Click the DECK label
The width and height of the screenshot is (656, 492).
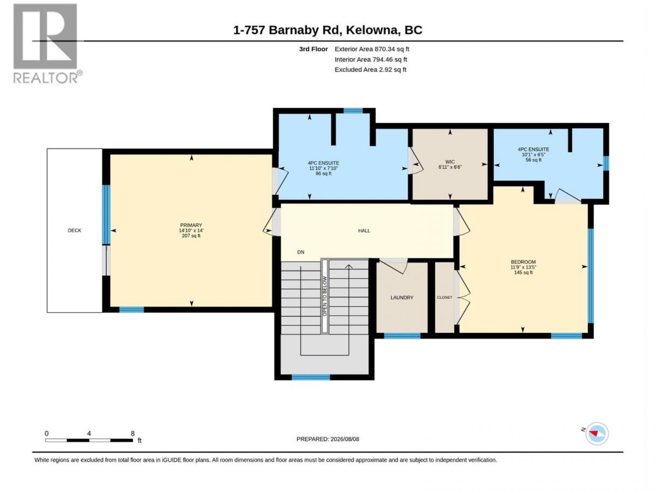pos(74,230)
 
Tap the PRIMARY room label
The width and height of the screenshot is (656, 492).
pos(191,225)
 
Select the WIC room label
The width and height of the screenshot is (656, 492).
pos(450,162)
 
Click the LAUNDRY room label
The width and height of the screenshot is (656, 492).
pos(402,298)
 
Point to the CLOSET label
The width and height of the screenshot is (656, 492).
pos(445,298)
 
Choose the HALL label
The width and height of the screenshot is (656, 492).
pos(364,230)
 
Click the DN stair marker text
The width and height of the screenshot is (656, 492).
pos(300,252)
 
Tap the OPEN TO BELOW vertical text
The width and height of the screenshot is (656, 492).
pos(325,296)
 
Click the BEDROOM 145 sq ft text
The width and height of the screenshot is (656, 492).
pos(523,272)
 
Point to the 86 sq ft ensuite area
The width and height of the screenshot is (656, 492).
pos(323,174)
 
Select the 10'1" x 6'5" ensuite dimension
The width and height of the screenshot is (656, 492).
pos(533,155)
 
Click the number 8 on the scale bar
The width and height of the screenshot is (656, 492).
pos(132,433)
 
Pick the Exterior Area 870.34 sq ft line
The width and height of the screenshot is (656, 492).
pos(372,49)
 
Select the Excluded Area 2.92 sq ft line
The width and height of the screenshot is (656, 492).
pos(370,70)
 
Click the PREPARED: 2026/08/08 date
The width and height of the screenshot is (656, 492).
pos(327,439)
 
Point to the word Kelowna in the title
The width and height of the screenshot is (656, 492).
pos(373,30)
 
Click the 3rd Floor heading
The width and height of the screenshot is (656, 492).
pos(313,49)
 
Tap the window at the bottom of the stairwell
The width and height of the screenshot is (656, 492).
pos(311,377)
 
